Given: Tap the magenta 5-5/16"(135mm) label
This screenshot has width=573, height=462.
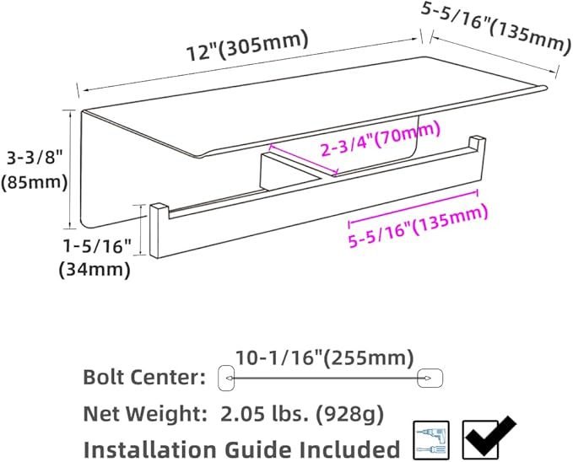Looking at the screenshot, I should point(419,227).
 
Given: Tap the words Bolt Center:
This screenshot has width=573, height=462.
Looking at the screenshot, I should point(144,377).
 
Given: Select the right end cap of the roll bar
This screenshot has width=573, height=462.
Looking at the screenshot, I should point(476,144).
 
